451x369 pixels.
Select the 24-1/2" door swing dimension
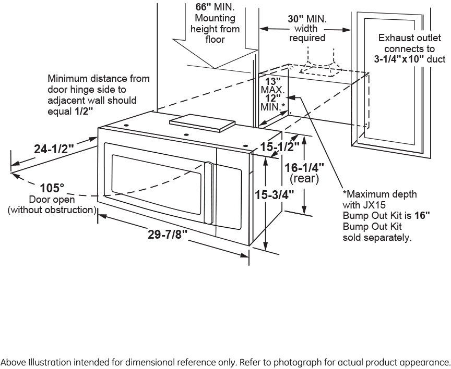click(54, 149)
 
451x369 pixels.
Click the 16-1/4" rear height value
click(304, 167)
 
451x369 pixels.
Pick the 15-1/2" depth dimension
click(280, 147)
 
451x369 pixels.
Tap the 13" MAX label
click(272, 81)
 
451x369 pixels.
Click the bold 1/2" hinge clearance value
click(84, 110)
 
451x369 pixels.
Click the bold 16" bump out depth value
click(422, 214)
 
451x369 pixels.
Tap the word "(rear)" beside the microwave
click(304, 179)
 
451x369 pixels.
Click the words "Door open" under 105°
click(52, 200)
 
